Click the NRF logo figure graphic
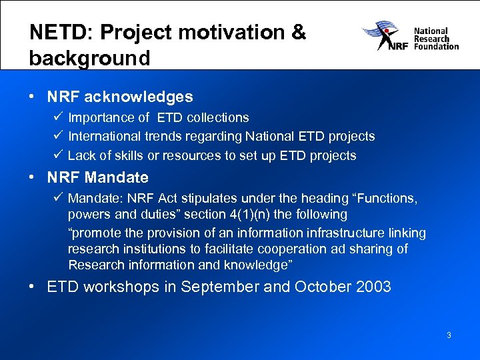click(x=385, y=36)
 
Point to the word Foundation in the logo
click(x=437, y=47)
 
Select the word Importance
click(x=100, y=118)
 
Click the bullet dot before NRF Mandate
click(x=32, y=178)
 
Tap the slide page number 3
click(x=449, y=335)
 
